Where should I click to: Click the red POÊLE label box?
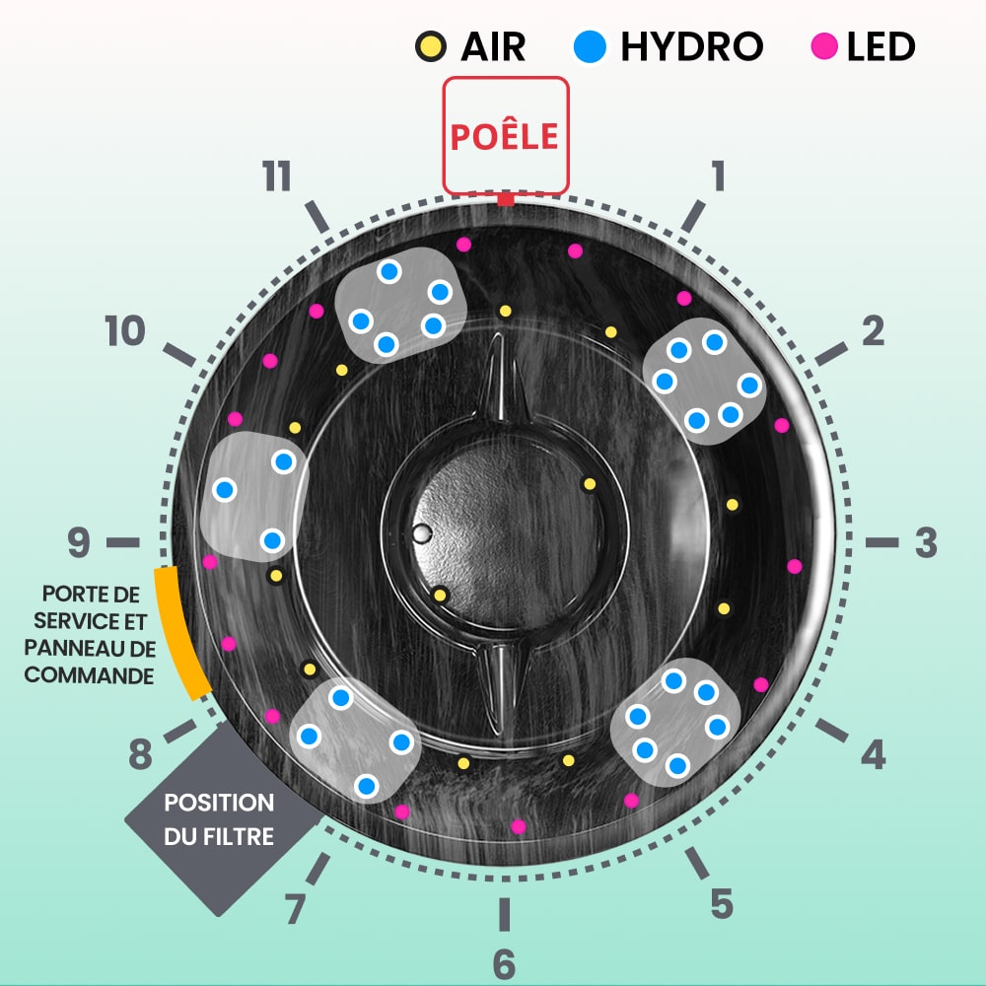[x=505, y=135]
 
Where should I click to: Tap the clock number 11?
[x=277, y=178]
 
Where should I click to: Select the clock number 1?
[x=718, y=176]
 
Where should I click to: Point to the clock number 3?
[x=925, y=542]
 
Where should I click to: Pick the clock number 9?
[x=79, y=542]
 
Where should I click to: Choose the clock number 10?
[x=125, y=332]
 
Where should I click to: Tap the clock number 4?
[x=873, y=755]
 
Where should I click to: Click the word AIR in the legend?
[x=493, y=46]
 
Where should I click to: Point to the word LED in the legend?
[x=880, y=46]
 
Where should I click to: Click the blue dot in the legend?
[x=591, y=46]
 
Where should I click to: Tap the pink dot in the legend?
[x=825, y=46]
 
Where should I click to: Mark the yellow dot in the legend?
[x=428, y=46]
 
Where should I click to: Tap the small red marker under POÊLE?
[x=506, y=200]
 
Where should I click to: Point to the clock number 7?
[x=295, y=908]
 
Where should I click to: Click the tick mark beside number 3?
[x=881, y=542]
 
